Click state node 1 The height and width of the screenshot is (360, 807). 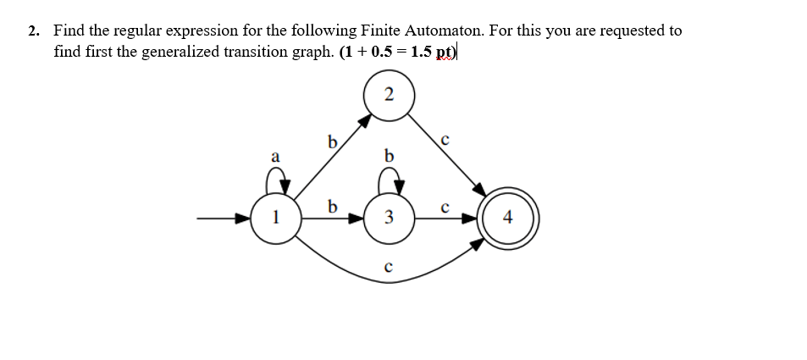[x=275, y=219]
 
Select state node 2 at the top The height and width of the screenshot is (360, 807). [x=389, y=95]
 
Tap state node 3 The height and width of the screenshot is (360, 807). [x=389, y=219]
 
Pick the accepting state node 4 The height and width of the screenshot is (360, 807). [x=506, y=219]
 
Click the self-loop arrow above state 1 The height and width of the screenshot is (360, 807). [x=276, y=179]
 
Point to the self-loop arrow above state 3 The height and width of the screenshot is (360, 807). [x=389, y=179]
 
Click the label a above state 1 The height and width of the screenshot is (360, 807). [x=274, y=156]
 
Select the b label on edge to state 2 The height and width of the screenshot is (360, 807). [x=333, y=141]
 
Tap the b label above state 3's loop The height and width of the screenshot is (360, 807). [x=389, y=156]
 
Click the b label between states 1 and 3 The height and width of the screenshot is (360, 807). [x=333, y=206]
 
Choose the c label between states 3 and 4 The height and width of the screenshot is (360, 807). [x=445, y=206]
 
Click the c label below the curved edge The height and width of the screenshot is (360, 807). [x=388, y=266]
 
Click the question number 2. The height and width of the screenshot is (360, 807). [x=33, y=31]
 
